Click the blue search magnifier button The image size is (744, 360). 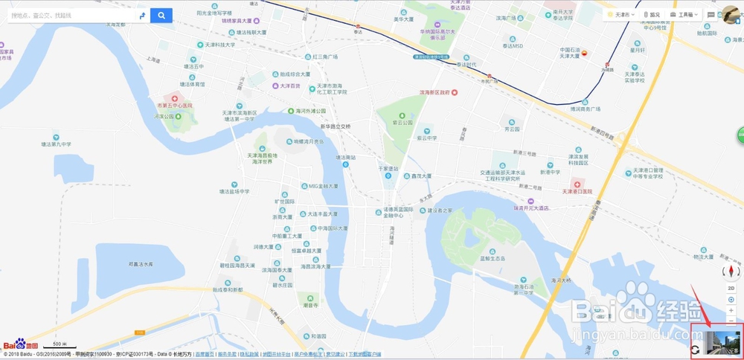(161, 15)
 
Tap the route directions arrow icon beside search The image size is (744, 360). (141, 15)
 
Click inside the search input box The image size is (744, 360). (71, 15)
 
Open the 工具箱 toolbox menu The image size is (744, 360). (684, 14)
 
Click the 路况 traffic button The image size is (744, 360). (652, 14)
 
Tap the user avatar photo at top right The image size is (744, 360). (732, 14)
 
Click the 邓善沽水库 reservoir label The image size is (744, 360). (141, 263)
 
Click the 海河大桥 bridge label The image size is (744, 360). (560, 280)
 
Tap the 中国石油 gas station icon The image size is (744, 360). (584, 53)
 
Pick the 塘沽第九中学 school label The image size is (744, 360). (56, 144)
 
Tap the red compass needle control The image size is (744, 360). (731, 271)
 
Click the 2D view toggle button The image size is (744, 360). (731, 287)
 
